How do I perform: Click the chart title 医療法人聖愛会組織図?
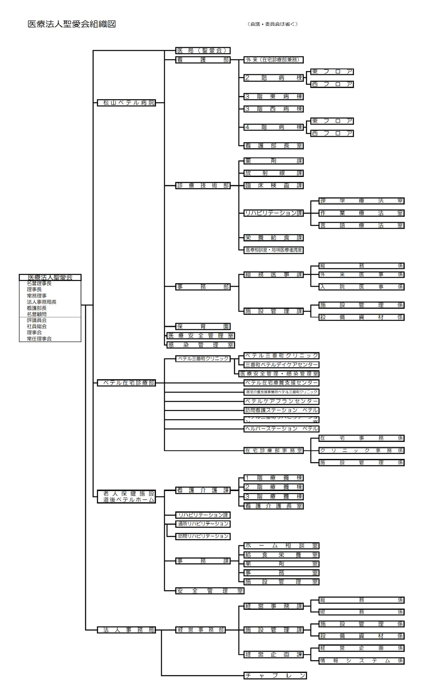71,24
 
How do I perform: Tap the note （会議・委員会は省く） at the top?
272,24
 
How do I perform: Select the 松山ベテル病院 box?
126,103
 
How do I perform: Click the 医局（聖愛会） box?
203,51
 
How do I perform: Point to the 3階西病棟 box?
274,109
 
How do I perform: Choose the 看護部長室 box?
274,146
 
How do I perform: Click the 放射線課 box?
274,173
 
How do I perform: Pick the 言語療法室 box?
361,226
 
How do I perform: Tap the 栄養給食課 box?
274,238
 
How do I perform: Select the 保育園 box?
203,326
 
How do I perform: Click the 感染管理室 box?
201,345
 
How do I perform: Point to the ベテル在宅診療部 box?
126,383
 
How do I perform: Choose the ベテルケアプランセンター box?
281,401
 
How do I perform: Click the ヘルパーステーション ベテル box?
281,429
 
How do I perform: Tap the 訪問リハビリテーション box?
203,536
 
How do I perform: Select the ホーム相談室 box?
281,546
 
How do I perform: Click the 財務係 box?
361,612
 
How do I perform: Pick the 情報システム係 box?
361,661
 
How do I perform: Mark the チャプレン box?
275,676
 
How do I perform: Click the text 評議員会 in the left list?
37,320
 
